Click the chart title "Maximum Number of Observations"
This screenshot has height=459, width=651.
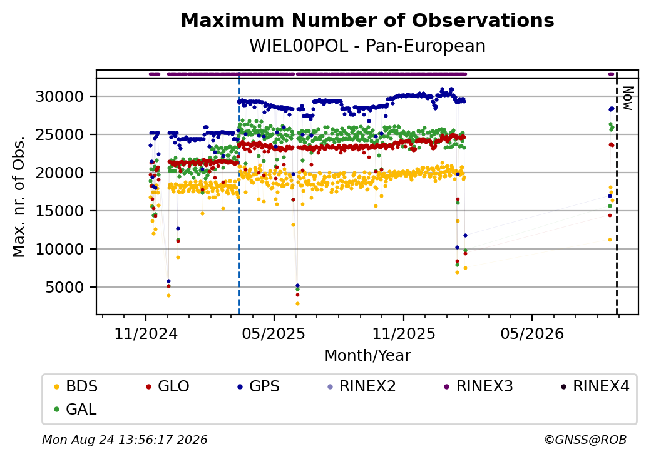click(x=367, y=20)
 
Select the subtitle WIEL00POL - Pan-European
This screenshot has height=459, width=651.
click(x=367, y=46)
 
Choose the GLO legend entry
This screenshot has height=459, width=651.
click(x=168, y=386)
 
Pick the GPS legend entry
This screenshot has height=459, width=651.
click(x=259, y=386)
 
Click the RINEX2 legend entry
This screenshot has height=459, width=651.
click(x=362, y=386)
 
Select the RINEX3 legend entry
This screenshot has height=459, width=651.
click(x=478, y=386)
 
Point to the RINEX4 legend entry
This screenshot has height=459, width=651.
click(x=595, y=386)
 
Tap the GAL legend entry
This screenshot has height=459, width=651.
click(x=76, y=409)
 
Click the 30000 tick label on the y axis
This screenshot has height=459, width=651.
click(x=60, y=96)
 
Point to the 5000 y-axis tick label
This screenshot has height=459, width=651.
click(x=64, y=287)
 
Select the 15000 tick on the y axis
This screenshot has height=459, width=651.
click(x=60, y=211)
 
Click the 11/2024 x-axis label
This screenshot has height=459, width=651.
click(x=146, y=333)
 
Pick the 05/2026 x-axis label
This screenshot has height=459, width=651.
click(x=532, y=333)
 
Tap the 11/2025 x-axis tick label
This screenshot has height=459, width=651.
click(x=404, y=333)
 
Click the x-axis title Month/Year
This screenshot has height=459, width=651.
click(x=367, y=355)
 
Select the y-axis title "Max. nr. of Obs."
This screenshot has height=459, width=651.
click(x=19, y=196)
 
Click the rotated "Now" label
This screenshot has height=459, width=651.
click(x=628, y=98)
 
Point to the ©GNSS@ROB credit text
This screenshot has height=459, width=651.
click(x=585, y=440)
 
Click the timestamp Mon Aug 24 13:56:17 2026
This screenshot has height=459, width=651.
click(x=125, y=440)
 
